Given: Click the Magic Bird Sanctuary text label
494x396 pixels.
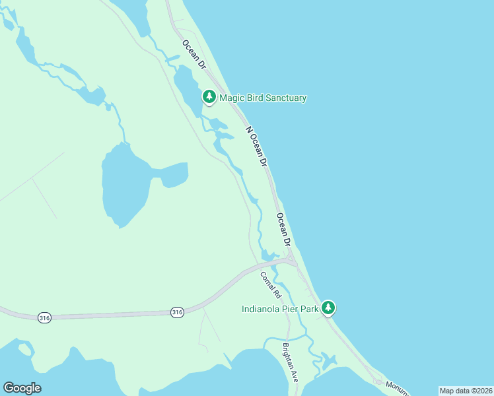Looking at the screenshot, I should coord(263,98).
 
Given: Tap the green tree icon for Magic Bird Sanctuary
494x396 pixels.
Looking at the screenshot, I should coord(209,98).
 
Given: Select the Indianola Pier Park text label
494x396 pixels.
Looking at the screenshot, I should coord(279,308).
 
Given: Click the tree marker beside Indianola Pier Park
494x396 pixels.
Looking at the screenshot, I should coord(328,308).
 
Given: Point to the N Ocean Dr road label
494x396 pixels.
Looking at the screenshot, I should coord(257,146).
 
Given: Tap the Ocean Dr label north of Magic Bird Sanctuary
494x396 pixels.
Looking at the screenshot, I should coord(195,56).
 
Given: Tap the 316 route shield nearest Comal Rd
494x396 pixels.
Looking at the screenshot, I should coord(176,311).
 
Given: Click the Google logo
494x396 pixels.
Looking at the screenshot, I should coord(22,388).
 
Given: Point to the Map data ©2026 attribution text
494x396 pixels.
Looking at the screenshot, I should coord(466,391).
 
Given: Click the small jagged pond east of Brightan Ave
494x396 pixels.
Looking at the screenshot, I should coord(328,361).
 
